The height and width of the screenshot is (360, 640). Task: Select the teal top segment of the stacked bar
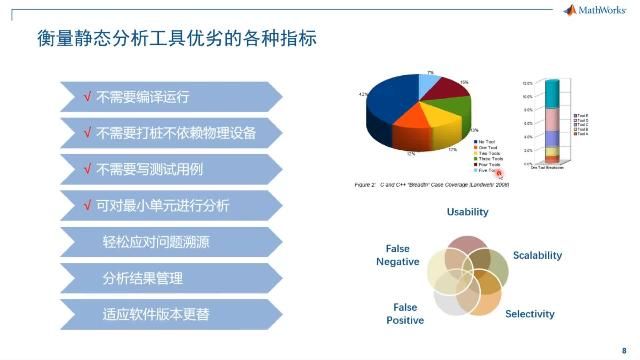[x=553, y=100]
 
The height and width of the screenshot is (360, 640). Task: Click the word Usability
[x=467, y=212]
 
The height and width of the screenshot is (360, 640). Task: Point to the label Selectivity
[x=529, y=314]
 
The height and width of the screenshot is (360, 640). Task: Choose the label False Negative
[x=397, y=255]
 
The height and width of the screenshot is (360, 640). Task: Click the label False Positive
[x=405, y=314]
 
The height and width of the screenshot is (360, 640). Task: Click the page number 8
[x=624, y=351]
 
